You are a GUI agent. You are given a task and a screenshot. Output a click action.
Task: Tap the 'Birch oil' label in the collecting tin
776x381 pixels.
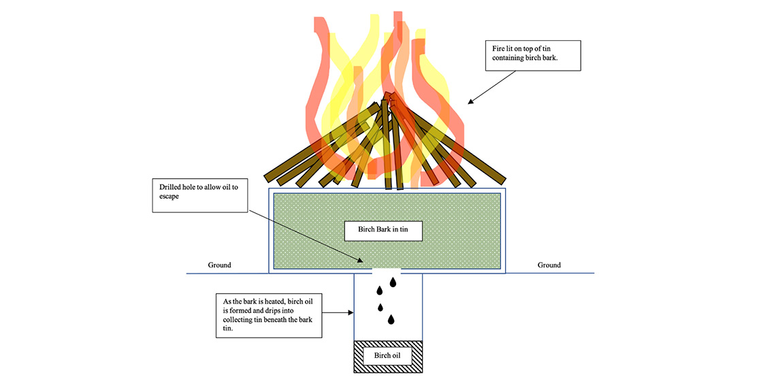[x=387, y=355]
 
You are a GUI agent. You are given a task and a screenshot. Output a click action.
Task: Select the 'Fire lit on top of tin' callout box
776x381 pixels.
[x=532, y=55]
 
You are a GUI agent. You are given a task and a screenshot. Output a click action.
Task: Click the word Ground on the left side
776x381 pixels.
[x=219, y=265]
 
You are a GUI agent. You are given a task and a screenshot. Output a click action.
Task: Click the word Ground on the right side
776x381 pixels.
[x=549, y=265]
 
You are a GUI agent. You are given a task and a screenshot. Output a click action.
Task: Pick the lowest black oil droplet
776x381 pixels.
[x=391, y=319]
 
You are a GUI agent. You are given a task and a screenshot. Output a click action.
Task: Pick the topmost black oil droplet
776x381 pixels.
[x=393, y=282]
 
